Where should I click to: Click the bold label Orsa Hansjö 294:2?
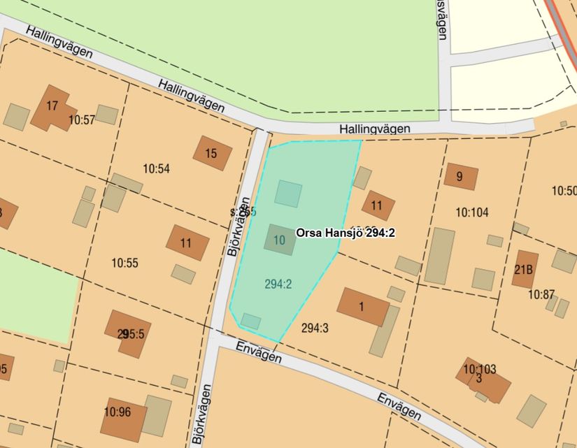[346, 233]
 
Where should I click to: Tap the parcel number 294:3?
[315, 327]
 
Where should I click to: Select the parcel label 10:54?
[156, 168]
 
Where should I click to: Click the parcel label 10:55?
[125, 263]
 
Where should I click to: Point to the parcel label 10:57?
[81, 120]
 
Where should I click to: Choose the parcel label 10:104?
[472, 212]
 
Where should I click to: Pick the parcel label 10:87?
[541, 295]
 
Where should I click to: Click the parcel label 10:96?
[117, 412]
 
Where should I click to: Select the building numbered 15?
[212, 153]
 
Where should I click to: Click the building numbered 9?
[460, 178]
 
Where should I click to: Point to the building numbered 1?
[362, 306]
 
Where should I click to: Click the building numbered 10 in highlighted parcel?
[280, 240]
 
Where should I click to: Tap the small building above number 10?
[288, 193]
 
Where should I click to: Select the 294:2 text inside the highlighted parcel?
[278, 284]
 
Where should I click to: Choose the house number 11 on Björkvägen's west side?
[187, 243]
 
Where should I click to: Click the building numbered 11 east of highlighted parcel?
[378, 205]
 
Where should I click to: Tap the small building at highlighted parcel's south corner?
[251, 321]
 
